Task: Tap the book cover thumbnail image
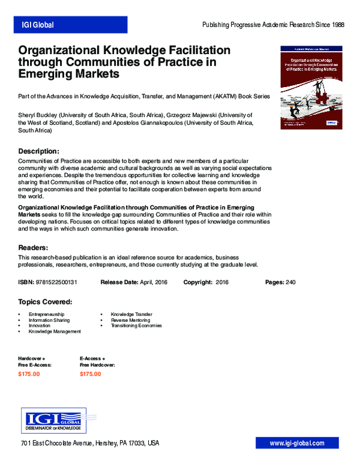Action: point(311,86)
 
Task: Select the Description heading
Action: point(38,151)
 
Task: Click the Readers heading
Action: point(33,248)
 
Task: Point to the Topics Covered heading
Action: point(46,301)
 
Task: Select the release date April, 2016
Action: point(153,282)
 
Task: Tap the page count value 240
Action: point(291,282)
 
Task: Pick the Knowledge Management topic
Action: point(55,331)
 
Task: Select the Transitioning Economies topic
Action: point(136,325)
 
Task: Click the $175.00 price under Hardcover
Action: point(29,374)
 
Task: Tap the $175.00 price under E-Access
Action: point(91,374)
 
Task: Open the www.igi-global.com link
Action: point(296,443)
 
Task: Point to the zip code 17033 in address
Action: point(137,444)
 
